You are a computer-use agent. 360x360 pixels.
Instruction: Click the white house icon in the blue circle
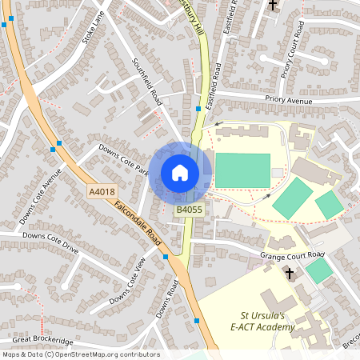click(179, 173)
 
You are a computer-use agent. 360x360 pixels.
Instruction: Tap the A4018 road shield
click(102, 191)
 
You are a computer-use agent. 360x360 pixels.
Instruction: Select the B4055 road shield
click(190, 210)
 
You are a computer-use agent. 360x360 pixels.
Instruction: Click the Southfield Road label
click(148, 82)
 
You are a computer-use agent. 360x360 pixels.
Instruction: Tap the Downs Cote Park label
click(124, 159)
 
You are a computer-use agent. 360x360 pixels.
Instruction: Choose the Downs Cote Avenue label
click(42, 195)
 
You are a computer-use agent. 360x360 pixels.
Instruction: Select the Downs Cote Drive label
click(50, 242)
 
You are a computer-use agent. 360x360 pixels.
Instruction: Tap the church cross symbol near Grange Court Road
click(290, 274)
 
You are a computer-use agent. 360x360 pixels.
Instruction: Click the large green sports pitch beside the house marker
click(242, 170)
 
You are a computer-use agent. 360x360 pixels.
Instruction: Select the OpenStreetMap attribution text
click(80, 354)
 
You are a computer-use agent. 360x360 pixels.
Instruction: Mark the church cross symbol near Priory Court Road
click(272, 6)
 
